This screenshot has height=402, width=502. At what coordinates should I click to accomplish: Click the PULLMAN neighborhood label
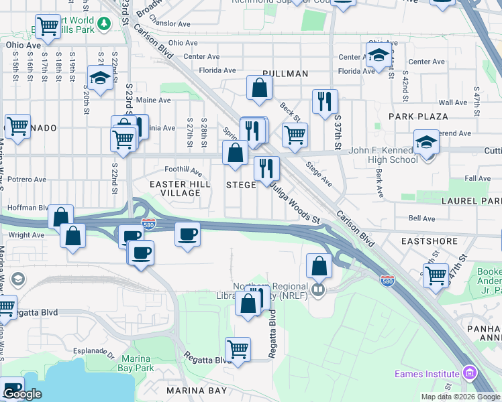click(285, 74)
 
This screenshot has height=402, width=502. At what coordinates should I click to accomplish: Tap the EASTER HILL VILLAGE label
click(174, 188)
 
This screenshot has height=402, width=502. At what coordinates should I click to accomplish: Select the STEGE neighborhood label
click(240, 185)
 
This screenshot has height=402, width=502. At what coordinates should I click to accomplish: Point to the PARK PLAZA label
click(418, 117)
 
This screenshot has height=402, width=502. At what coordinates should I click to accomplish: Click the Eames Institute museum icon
click(469, 373)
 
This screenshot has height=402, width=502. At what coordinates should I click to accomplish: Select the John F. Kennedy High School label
click(384, 155)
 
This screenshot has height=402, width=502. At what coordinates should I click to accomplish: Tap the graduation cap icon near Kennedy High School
click(425, 142)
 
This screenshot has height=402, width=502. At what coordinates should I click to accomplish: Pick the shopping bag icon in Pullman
click(259, 88)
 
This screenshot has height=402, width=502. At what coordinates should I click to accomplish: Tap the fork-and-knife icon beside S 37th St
click(325, 102)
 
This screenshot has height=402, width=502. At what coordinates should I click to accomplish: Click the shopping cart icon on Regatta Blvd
click(238, 349)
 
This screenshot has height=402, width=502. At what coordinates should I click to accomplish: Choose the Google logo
click(22, 394)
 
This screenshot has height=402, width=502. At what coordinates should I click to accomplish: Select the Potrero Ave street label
click(27, 180)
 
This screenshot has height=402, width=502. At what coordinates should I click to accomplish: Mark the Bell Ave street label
click(421, 218)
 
